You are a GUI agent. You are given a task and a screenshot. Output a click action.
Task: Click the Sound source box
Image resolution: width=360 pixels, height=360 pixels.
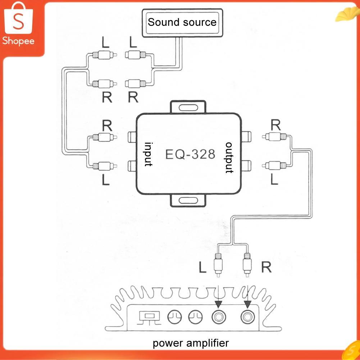[x=182, y=23]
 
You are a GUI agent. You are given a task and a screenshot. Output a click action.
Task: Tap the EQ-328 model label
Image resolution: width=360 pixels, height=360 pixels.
[x=190, y=154]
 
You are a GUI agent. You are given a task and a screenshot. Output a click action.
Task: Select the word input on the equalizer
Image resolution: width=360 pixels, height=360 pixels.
[x=149, y=154]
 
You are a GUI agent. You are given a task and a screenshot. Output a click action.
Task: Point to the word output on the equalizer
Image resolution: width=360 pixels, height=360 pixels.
[x=229, y=158]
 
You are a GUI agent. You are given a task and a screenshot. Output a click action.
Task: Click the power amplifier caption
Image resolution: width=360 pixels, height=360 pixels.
[x=191, y=343]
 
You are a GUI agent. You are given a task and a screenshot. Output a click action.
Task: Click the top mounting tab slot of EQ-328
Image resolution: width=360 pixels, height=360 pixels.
[x=188, y=108]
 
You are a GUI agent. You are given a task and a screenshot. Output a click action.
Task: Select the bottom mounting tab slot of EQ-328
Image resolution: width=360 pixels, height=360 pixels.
[x=188, y=200]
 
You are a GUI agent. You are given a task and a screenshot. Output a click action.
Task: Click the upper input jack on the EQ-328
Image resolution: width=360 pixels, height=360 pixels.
[x=132, y=137]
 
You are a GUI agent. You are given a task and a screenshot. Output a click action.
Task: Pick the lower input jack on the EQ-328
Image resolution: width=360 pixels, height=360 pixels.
[x=132, y=166]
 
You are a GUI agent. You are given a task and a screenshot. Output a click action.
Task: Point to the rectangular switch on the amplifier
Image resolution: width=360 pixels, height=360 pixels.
[x=149, y=317]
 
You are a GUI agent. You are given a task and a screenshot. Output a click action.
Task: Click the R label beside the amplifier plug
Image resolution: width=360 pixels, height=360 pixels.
[x=266, y=267]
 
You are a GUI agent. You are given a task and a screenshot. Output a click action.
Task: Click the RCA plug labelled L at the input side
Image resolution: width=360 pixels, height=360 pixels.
[x=105, y=166]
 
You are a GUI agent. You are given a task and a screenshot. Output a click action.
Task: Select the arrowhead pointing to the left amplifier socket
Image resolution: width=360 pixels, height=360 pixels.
[x=218, y=304]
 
